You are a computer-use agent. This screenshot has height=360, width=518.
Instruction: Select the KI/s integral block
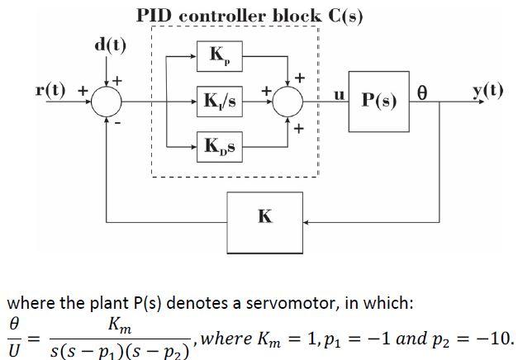coord(219,102)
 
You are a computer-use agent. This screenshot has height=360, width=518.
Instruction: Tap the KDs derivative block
coord(219,146)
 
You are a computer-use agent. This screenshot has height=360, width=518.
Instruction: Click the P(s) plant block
coord(378,102)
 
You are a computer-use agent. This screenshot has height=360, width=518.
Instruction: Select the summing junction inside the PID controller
coord(288,102)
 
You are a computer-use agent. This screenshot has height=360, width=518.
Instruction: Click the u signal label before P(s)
coord(337,94)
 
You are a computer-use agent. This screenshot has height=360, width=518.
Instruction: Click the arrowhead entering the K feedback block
coord(307,220)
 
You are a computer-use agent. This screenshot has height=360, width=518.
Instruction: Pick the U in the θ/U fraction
coord(14,350)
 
